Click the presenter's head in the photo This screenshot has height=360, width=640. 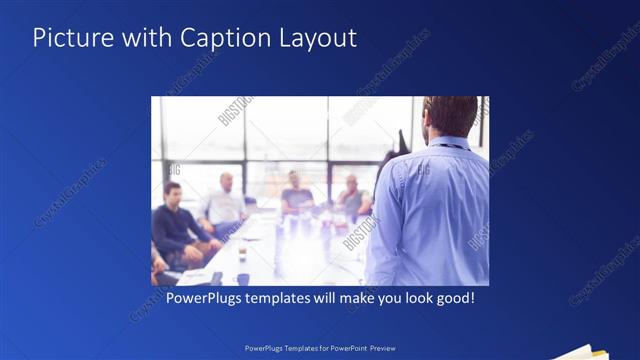click(x=451, y=116)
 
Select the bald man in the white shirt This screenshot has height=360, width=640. click(x=226, y=202)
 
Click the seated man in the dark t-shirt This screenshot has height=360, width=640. click(x=297, y=195)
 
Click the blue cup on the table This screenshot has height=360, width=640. click(x=242, y=279)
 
